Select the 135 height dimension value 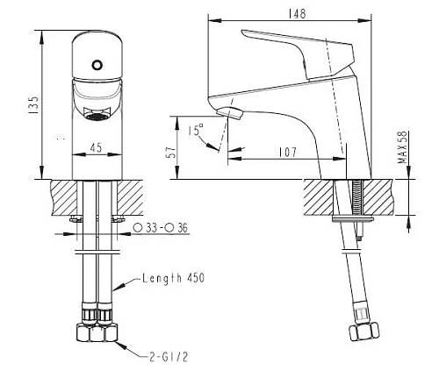pos(33,104)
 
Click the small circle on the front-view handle pos(98,64)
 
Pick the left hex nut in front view pos(89,334)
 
